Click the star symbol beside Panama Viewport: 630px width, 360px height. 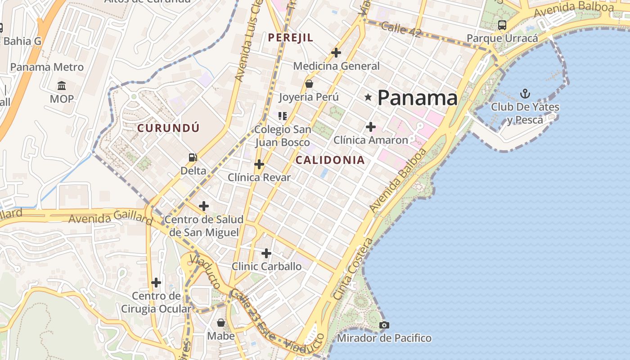pyautogui.click(x=368, y=97)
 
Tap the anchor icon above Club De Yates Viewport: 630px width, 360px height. pyautogui.click(x=525, y=94)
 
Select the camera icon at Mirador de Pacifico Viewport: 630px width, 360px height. pyautogui.click(x=384, y=325)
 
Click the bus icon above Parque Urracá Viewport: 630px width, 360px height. pyautogui.click(x=502, y=25)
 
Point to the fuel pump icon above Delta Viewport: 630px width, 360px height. pyautogui.click(x=193, y=157)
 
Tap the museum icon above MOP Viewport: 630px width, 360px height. pyautogui.click(x=62, y=85)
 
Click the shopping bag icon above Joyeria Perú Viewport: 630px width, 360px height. pyautogui.click(x=309, y=83)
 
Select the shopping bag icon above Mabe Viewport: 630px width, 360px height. pyautogui.click(x=221, y=322)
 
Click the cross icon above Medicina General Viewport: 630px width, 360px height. pyautogui.click(x=336, y=53)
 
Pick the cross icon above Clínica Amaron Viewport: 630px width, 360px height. pyautogui.click(x=370, y=127)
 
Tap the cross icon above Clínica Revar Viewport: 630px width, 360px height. pyautogui.click(x=259, y=164)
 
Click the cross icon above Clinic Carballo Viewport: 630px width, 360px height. pyautogui.click(x=266, y=253)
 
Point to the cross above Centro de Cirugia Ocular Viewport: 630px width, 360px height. pyautogui.click(x=156, y=283)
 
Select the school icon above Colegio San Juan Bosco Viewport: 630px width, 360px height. pyautogui.click(x=283, y=116)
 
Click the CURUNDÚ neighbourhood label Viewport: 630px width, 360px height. pyautogui.click(x=168, y=128)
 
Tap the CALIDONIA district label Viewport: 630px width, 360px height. pyautogui.click(x=330, y=160)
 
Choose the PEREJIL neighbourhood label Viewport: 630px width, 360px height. pyautogui.click(x=290, y=37)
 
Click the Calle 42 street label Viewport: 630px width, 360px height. pyautogui.click(x=400, y=30)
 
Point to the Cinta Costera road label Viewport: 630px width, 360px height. pyautogui.click(x=353, y=269)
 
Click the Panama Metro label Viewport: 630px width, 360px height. pyautogui.click(x=47, y=67)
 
